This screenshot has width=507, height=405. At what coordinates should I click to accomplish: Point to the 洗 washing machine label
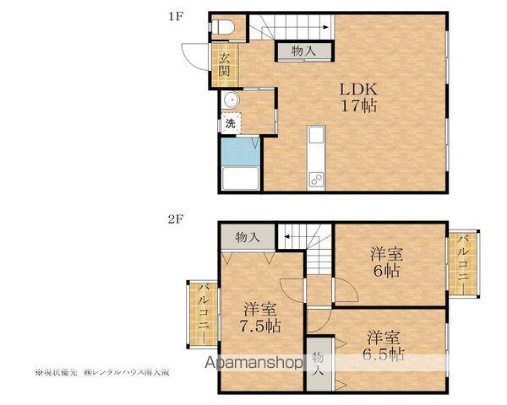[231, 123]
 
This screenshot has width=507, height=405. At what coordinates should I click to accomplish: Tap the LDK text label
[358, 89]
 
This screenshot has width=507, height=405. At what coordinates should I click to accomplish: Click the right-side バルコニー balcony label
[464, 263]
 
